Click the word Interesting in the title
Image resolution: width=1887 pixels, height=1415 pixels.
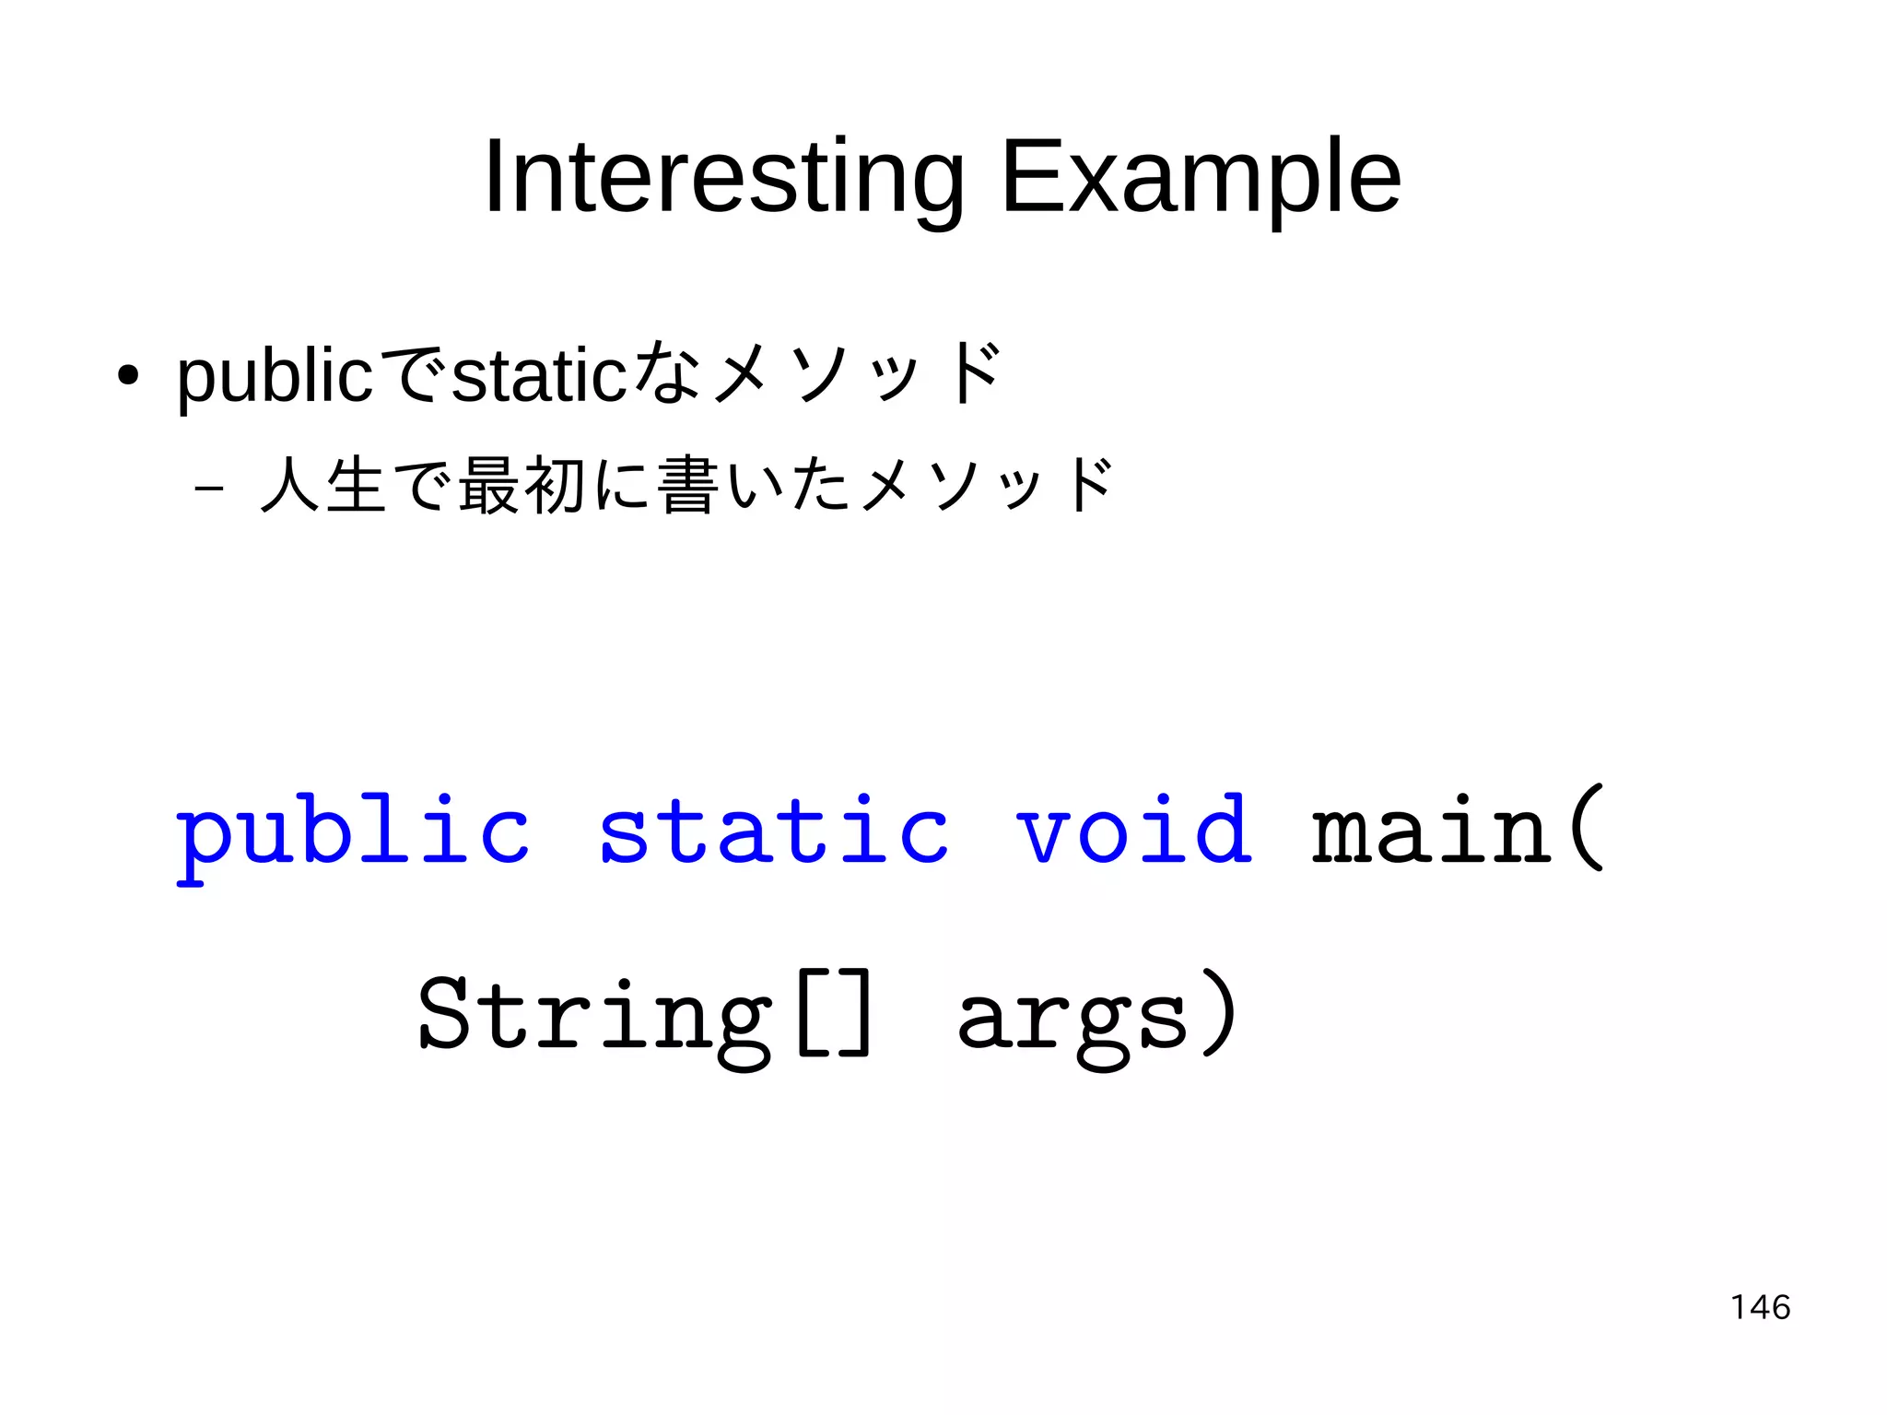[723, 178]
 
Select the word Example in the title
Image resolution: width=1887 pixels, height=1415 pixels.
[1201, 178]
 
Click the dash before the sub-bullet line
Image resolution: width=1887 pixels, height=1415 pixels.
[210, 486]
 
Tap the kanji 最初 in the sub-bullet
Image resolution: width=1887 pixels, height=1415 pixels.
[522, 486]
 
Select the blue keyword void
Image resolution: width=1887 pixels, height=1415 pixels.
[1133, 832]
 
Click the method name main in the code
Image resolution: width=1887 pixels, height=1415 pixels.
[1431, 832]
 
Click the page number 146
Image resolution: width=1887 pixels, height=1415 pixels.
[1760, 1307]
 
